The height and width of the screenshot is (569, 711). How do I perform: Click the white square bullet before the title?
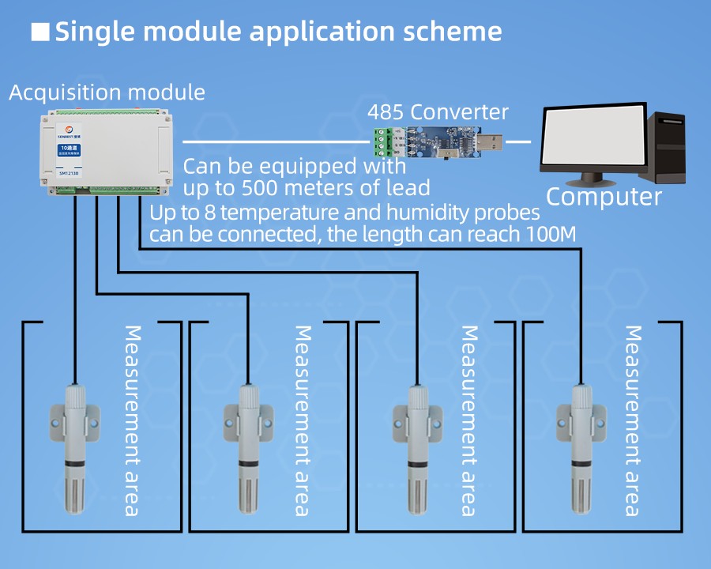pos(39,32)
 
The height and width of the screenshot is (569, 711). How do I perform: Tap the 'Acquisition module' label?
pos(107,92)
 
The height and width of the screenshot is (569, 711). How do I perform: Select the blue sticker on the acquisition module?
pos(68,149)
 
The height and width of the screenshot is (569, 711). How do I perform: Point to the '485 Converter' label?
pos(438,112)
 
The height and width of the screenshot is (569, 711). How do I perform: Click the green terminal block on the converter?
pos(382,145)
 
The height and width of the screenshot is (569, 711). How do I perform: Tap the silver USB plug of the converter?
pos(490,142)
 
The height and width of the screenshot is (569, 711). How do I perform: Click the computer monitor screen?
pos(590,138)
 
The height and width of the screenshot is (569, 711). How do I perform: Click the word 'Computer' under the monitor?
pos(604,196)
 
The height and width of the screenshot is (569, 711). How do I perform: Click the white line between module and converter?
pos(276,142)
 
